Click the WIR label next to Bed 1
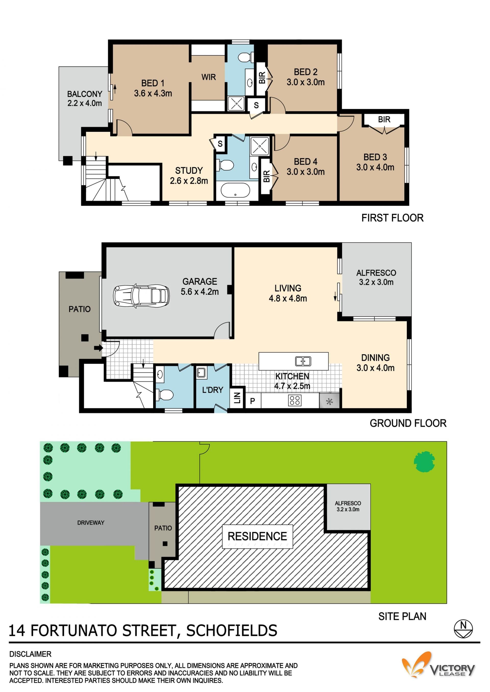209,77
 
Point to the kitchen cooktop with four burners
295,400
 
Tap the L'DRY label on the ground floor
212,390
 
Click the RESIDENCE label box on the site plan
257,536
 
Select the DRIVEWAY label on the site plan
91,523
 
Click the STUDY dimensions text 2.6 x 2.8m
189,181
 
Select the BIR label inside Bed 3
384,120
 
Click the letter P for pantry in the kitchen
253,401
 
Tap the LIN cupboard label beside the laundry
237,398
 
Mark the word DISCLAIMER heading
30,654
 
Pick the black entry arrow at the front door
98,348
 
